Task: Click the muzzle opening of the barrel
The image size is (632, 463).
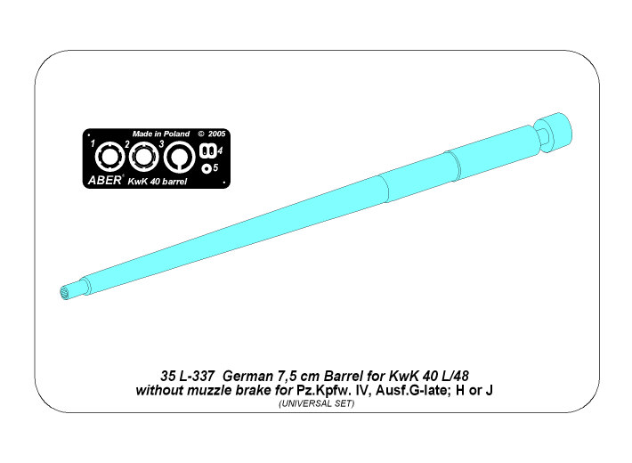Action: (64, 292)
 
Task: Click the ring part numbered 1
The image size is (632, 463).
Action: (110, 157)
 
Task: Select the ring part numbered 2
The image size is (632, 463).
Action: (143, 157)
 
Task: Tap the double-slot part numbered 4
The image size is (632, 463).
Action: (208, 151)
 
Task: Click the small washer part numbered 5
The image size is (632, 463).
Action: (207, 168)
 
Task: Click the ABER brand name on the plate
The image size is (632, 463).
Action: (104, 180)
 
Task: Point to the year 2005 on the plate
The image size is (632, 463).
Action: (217, 134)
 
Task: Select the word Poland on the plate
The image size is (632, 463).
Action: (176, 134)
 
